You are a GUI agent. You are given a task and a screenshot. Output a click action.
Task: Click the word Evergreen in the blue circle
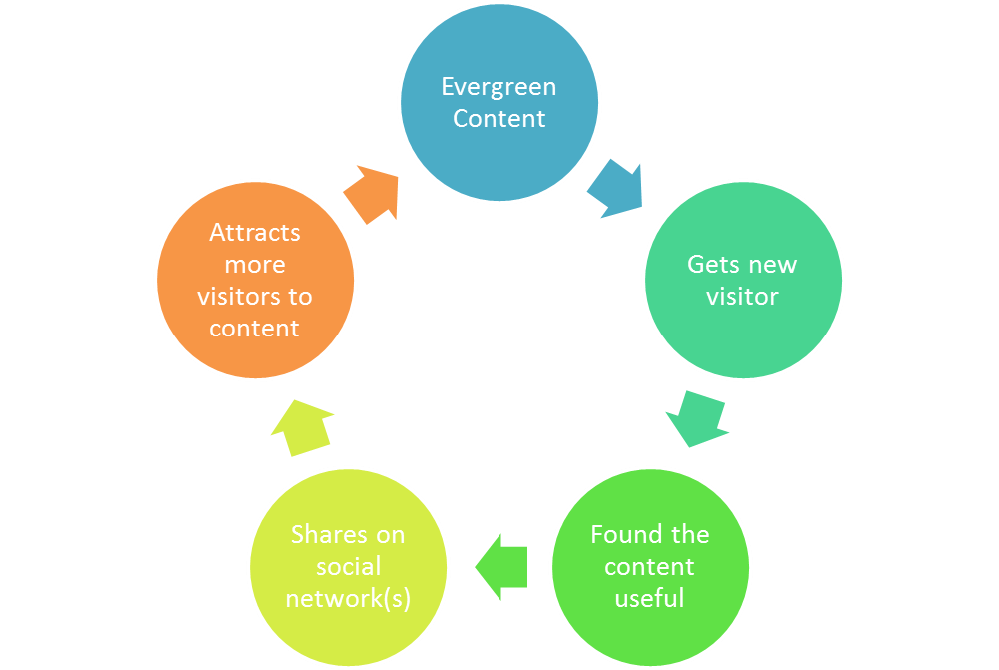pyautogui.click(x=499, y=87)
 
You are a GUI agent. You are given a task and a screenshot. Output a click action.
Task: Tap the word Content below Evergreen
pyautogui.click(x=499, y=119)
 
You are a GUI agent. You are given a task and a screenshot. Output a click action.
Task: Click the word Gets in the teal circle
pyautogui.click(x=709, y=264)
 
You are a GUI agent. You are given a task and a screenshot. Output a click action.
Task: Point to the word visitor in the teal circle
pyautogui.click(x=743, y=296)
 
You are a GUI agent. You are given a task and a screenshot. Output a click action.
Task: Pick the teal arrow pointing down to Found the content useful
pyautogui.click(x=697, y=419)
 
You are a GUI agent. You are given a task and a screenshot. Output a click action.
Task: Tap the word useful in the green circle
pyautogui.click(x=650, y=598)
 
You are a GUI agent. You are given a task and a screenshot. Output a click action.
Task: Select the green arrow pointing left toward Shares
pyautogui.click(x=501, y=567)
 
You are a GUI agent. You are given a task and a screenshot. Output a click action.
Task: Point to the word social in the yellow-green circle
pyautogui.click(x=348, y=566)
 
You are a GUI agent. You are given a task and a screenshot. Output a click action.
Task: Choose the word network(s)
pyautogui.click(x=348, y=599)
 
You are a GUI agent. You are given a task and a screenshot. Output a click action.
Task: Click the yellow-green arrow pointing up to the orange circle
pyautogui.click(x=302, y=428)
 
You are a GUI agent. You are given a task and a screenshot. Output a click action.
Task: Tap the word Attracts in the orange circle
pyautogui.click(x=255, y=233)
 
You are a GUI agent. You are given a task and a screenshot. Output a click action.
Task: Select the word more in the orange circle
pyautogui.click(x=255, y=265)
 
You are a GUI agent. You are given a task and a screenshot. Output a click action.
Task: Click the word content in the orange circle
pyautogui.click(x=254, y=329)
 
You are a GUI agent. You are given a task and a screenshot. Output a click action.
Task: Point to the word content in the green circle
pyautogui.click(x=650, y=567)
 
